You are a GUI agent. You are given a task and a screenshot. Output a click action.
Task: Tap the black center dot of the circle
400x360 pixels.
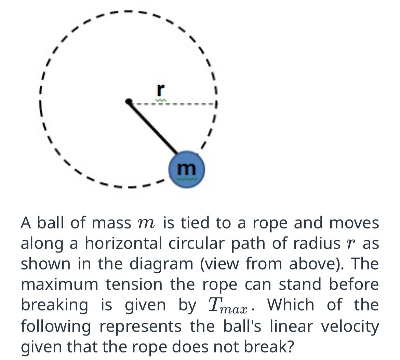pyautogui.click(x=129, y=101)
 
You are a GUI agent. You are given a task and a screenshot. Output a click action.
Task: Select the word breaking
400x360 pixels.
pyautogui.click(x=54, y=305)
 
